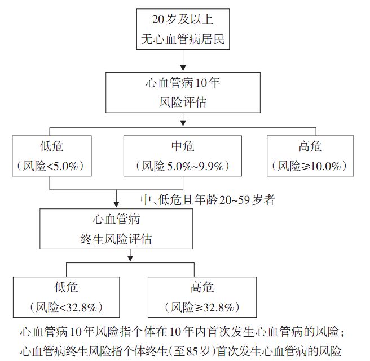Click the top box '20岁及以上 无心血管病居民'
183,29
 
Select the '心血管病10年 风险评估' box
183,93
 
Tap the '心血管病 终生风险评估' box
116,229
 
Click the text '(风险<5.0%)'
51,166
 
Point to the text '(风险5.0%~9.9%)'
182,166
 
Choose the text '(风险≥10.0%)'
311,166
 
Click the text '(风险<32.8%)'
66,307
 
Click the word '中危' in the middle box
182,147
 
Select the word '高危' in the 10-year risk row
311,147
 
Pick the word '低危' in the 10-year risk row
52,147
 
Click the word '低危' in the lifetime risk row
66,288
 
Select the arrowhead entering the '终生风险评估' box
116,204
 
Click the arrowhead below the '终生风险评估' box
131,259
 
